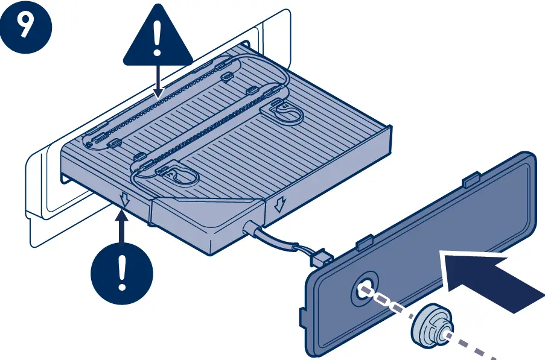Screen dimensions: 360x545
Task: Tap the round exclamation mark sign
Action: pyautogui.click(x=122, y=271)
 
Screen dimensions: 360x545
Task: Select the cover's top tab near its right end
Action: pyautogui.click(x=469, y=180)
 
